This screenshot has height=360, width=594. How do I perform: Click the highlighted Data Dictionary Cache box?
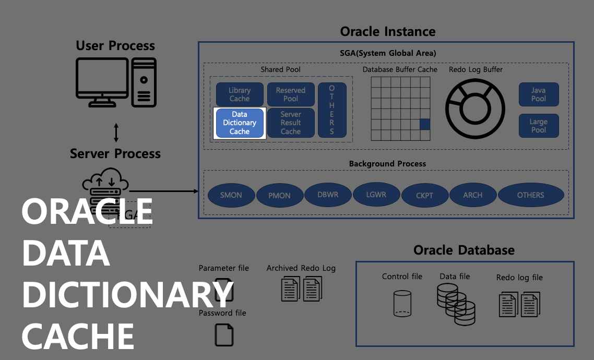(240, 123)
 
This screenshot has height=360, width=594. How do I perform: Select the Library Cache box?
(240, 94)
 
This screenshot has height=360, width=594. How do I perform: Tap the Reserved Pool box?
(291, 94)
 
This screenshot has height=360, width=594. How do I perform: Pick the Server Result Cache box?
(291, 123)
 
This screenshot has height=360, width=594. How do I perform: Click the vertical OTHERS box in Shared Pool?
(332, 110)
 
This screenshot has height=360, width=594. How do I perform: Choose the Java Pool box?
(539, 94)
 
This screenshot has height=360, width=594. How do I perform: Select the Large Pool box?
(539, 126)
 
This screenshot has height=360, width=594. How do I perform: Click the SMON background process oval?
(231, 195)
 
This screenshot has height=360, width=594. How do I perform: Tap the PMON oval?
(279, 196)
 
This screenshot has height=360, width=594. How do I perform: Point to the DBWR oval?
(328, 194)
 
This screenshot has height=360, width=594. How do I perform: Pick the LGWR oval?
(376, 195)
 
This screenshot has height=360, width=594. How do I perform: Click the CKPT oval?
(424, 196)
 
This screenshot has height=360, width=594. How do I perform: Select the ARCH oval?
(473, 195)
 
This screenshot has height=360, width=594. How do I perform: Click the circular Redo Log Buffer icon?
(475, 109)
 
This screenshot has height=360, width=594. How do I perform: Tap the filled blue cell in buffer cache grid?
(425, 124)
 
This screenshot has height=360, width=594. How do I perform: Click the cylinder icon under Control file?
(402, 304)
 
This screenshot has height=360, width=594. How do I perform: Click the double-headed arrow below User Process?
(116, 133)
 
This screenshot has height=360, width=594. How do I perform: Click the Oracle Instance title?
(387, 31)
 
